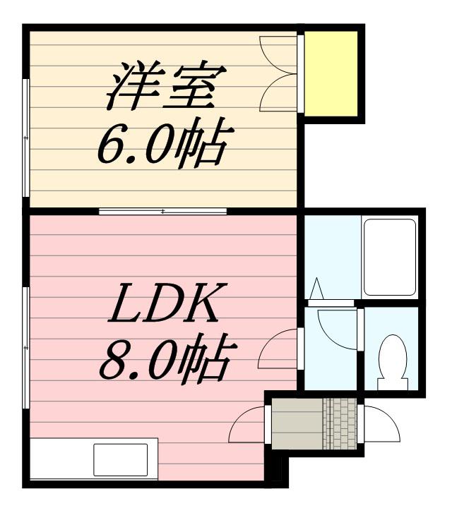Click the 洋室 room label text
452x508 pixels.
pos(167,85)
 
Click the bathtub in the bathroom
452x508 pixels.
pos(389,256)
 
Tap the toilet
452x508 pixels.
pos(392,358)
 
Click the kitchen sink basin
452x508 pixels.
pos(121,459)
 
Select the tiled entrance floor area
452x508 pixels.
pos(340,424)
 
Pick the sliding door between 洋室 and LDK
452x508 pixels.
pos(163,211)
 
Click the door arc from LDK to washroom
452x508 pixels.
pos(279,349)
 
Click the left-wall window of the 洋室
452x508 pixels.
pos(26,138)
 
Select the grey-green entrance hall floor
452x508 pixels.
pos(297,424)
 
